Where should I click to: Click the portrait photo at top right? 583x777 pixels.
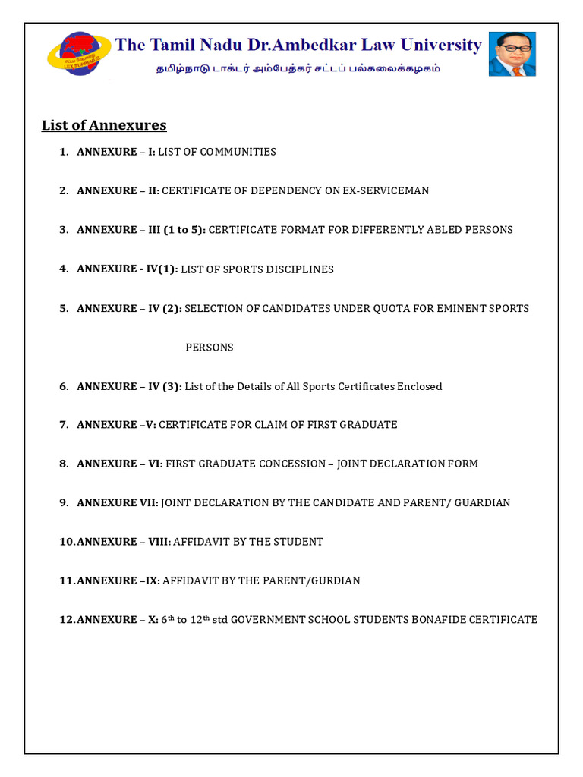tap(512, 54)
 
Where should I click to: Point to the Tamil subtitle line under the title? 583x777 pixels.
tap(298, 68)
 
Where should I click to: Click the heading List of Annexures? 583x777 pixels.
tap(104, 125)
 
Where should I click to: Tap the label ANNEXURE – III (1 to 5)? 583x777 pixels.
tap(140, 230)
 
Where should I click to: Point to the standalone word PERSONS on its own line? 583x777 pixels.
tap(210, 348)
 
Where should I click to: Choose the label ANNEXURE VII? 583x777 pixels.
tap(118, 502)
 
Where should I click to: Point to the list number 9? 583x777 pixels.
tap(64, 502)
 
